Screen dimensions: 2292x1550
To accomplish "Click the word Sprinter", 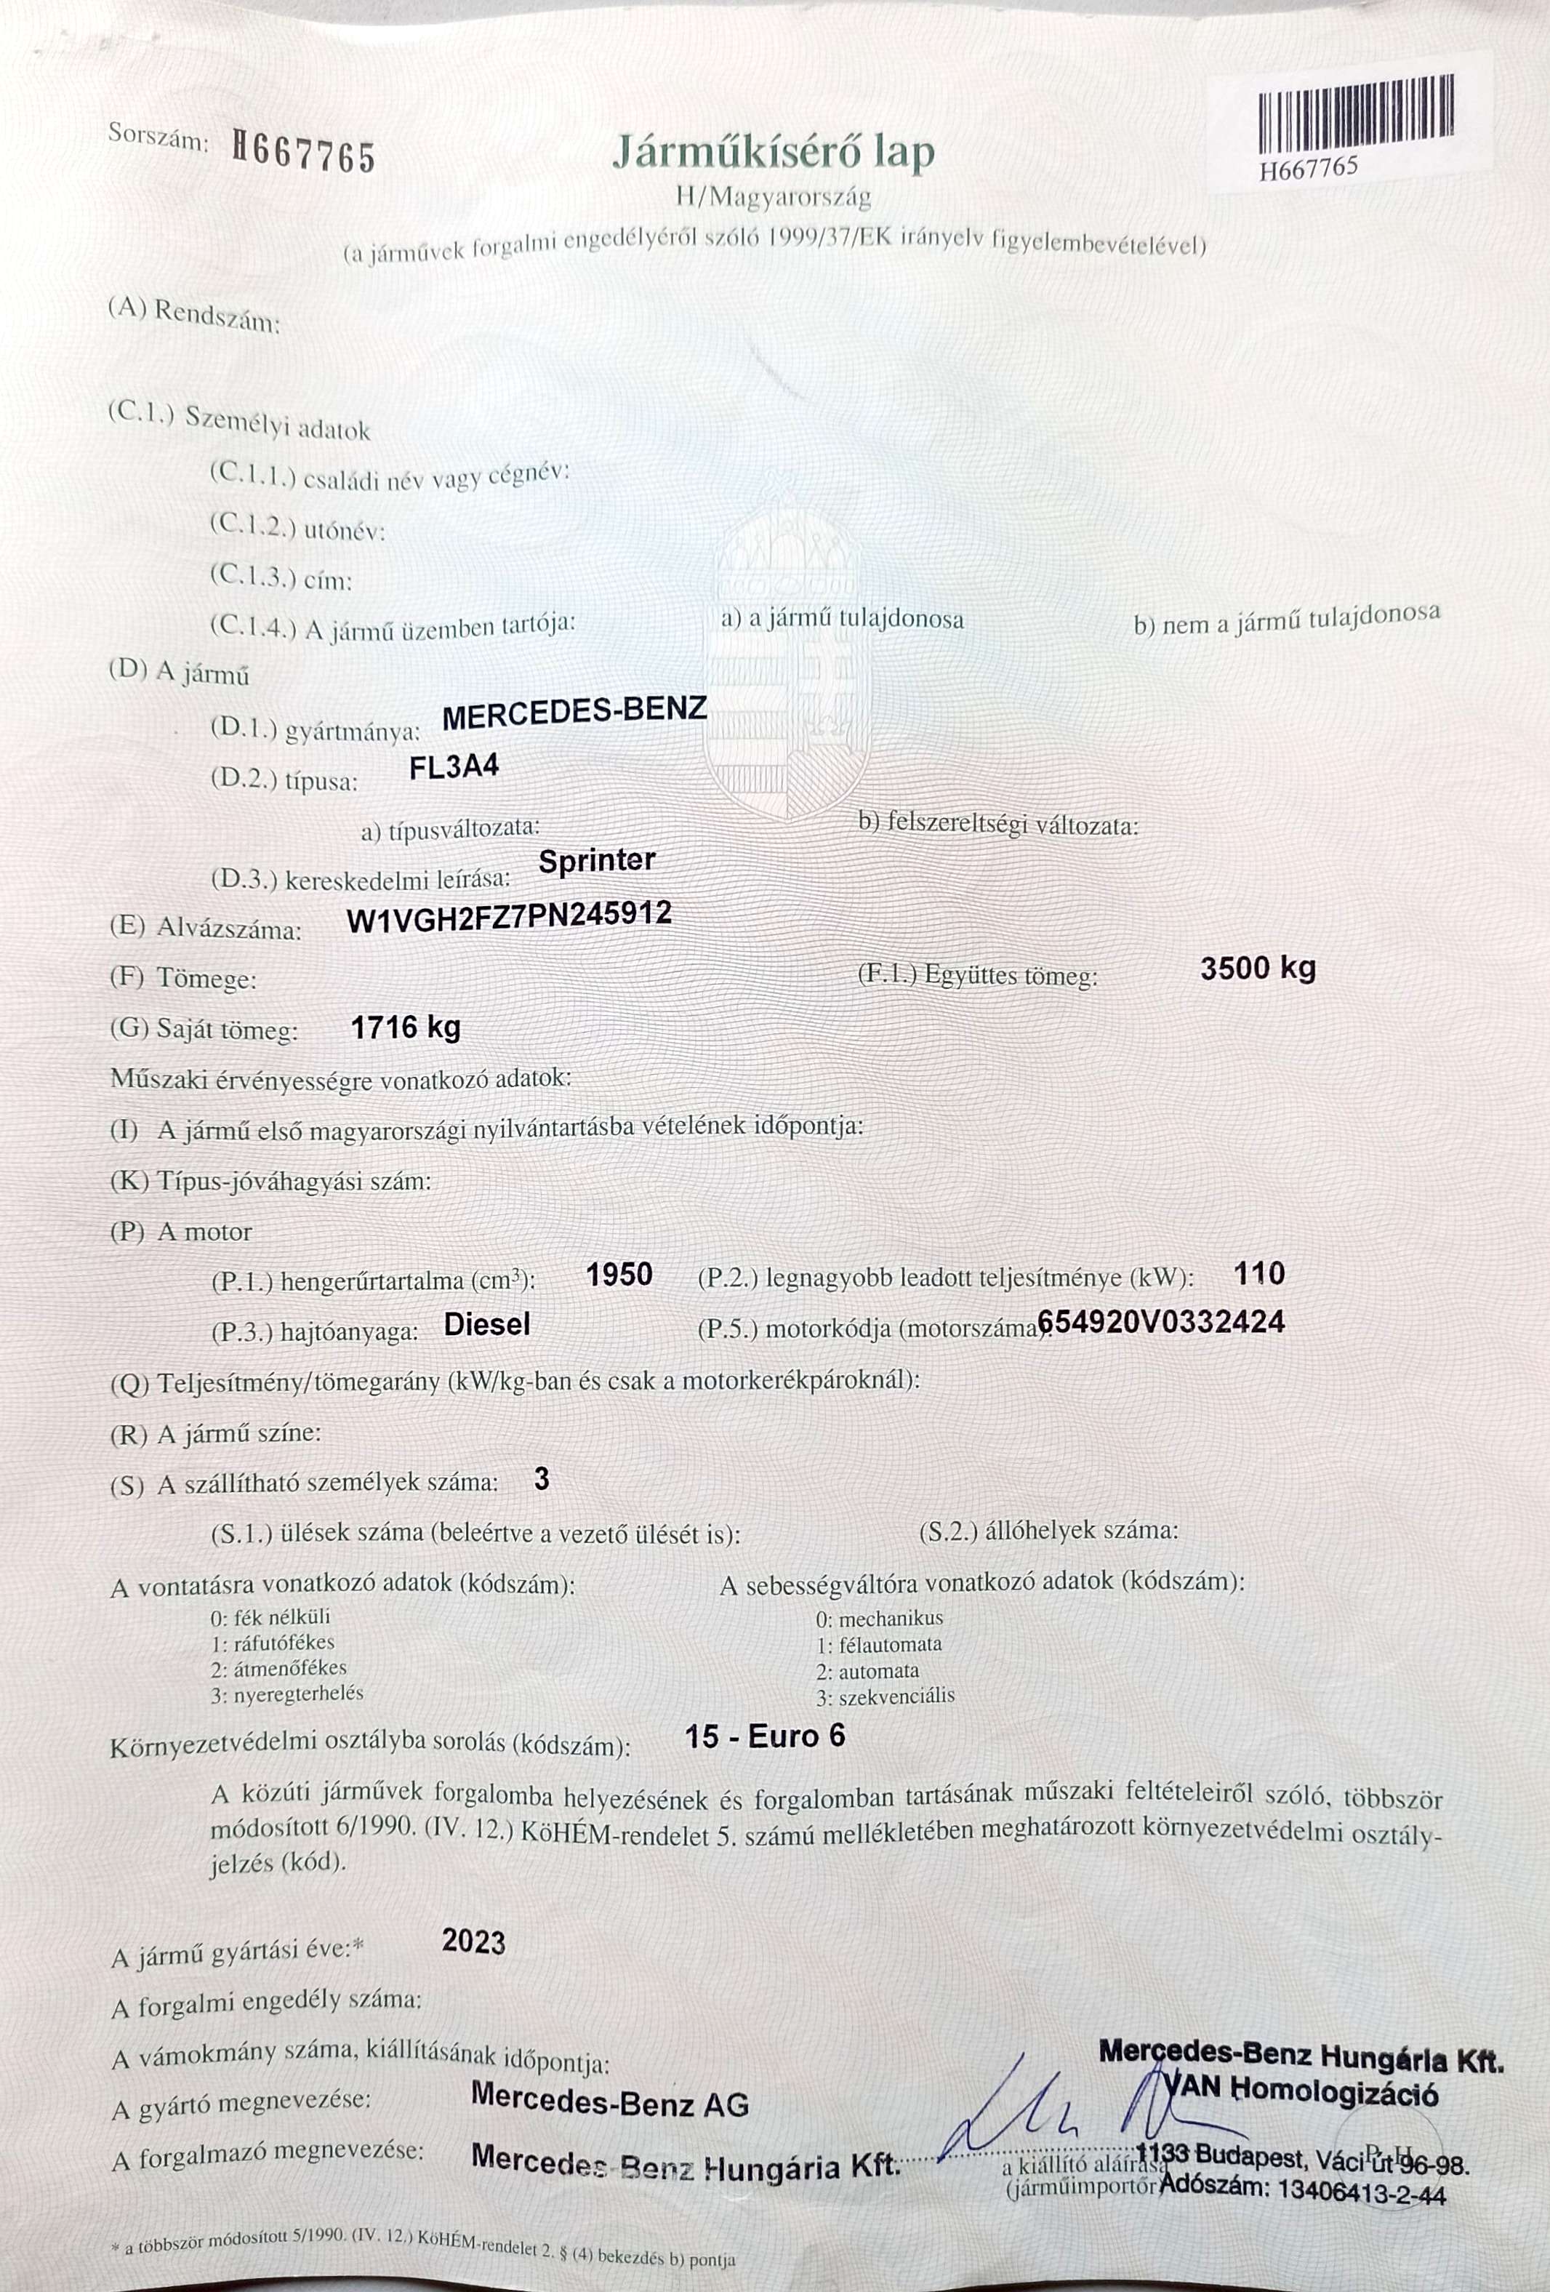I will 597,860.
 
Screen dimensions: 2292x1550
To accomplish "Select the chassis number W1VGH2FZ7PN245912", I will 510,915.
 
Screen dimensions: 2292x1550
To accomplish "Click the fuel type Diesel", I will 487,1323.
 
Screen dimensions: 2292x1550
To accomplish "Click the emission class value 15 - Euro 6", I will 765,1736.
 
